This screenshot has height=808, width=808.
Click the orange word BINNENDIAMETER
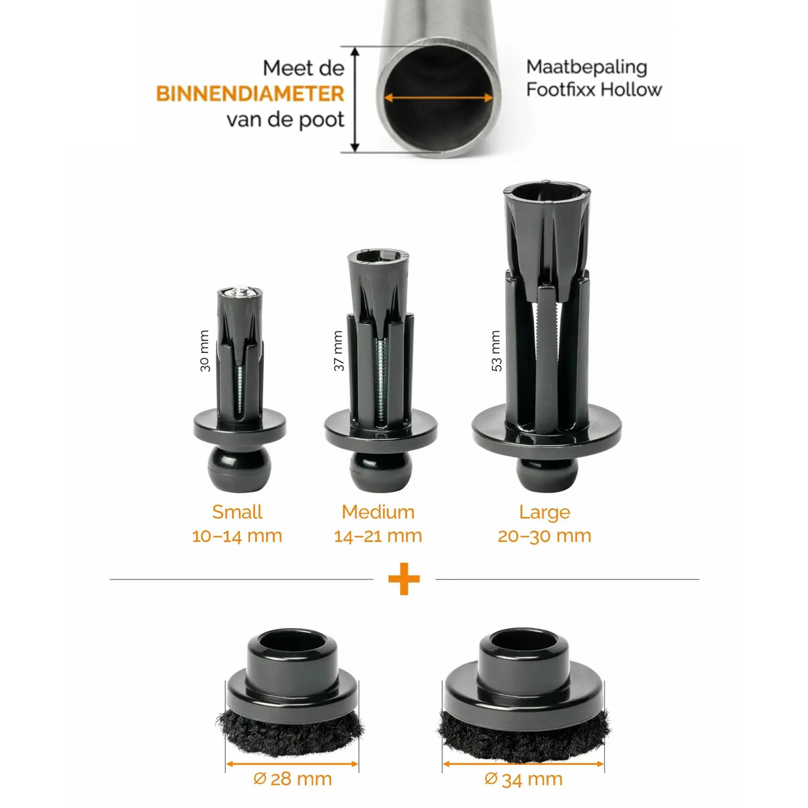[250, 94]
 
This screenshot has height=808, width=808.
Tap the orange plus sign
[404, 579]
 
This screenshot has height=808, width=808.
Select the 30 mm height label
[205, 351]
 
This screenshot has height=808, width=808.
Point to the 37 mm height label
[339, 351]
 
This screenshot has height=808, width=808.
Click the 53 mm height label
[496, 351]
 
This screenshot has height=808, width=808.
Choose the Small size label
[237, 512]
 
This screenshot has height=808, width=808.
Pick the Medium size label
[378, 512]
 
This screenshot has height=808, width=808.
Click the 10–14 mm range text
[237, 536]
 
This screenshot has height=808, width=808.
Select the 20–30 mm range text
[545, 536]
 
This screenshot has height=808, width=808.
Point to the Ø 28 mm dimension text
[293, 779]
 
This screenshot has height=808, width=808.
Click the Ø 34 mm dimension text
[523, 779]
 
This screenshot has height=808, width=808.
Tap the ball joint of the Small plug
[240, 469]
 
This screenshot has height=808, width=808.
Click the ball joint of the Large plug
[547, 475]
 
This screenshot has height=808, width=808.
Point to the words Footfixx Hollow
[594, 90]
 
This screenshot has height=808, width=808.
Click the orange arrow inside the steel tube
[438, 98]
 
